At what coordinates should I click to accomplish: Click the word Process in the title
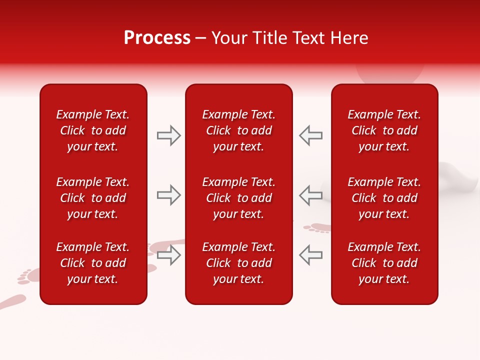[x=157, y=38]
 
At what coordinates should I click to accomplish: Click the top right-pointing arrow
[x=168, y=135]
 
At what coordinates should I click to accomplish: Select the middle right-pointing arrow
[x=168, y=195]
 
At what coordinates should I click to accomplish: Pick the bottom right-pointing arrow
[x=168, y=255]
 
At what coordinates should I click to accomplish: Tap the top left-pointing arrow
[x=311, y=135]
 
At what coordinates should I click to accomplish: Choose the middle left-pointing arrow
[x=311, y=195]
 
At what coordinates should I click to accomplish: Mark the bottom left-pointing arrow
[x=311, y=255]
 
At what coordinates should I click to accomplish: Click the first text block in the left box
[x=92, y=130]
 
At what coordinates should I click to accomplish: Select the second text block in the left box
[x=92, y=198]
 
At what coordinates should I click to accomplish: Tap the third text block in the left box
[x=92, y=263]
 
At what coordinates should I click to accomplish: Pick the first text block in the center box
[x=238, y=130]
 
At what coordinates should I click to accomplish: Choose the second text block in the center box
[x=238, y=198]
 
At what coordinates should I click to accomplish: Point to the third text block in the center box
[x=238, y=263]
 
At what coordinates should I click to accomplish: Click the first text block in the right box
[x=384, y=130]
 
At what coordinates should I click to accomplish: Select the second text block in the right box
[x=384, y=198]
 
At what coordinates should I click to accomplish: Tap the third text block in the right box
[x=384, y=263]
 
